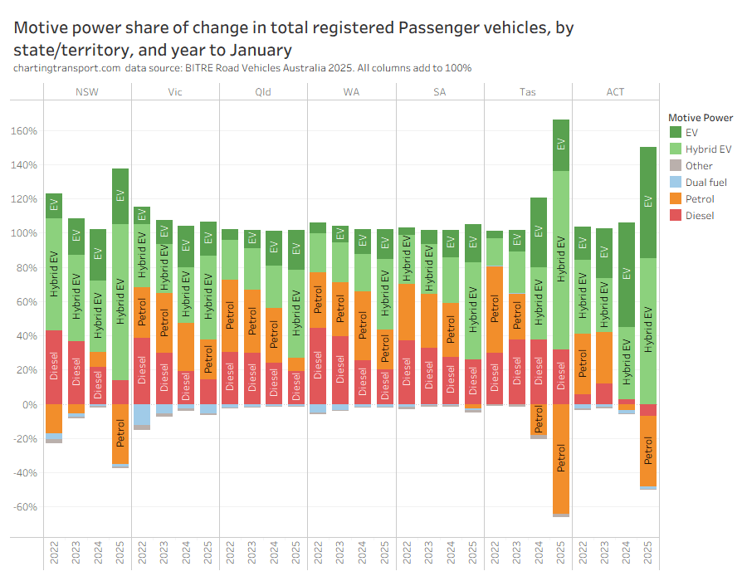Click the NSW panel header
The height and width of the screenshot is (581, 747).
point(87,91)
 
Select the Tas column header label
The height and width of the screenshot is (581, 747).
point(527,91)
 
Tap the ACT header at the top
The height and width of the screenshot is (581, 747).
point(615,91)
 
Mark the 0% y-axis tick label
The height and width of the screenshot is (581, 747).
point(29,404)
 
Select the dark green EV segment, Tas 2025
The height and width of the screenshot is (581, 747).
point(561,145)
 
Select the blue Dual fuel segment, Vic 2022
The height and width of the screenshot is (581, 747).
point(142,414)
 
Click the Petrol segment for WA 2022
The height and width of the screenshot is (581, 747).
point(318,300)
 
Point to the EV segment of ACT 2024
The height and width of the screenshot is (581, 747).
point(627,274)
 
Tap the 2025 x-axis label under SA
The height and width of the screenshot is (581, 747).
point(473,551)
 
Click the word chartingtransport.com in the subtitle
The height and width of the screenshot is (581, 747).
point(67,67)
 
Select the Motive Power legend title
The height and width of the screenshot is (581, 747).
point(701,117)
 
